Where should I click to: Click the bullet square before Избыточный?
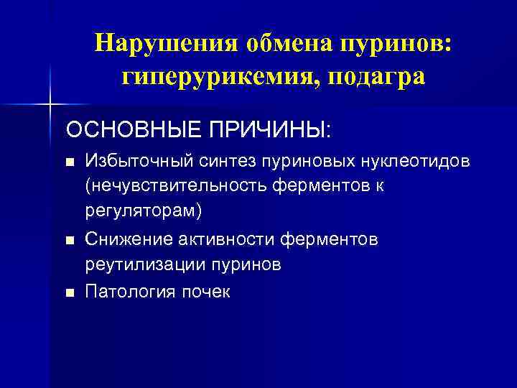coord(70,162)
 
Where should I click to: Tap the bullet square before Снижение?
coord(70,239)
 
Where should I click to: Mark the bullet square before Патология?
coord(70,292)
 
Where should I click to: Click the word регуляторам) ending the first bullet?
coord(144,213)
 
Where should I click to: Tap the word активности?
coord(230,239)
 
